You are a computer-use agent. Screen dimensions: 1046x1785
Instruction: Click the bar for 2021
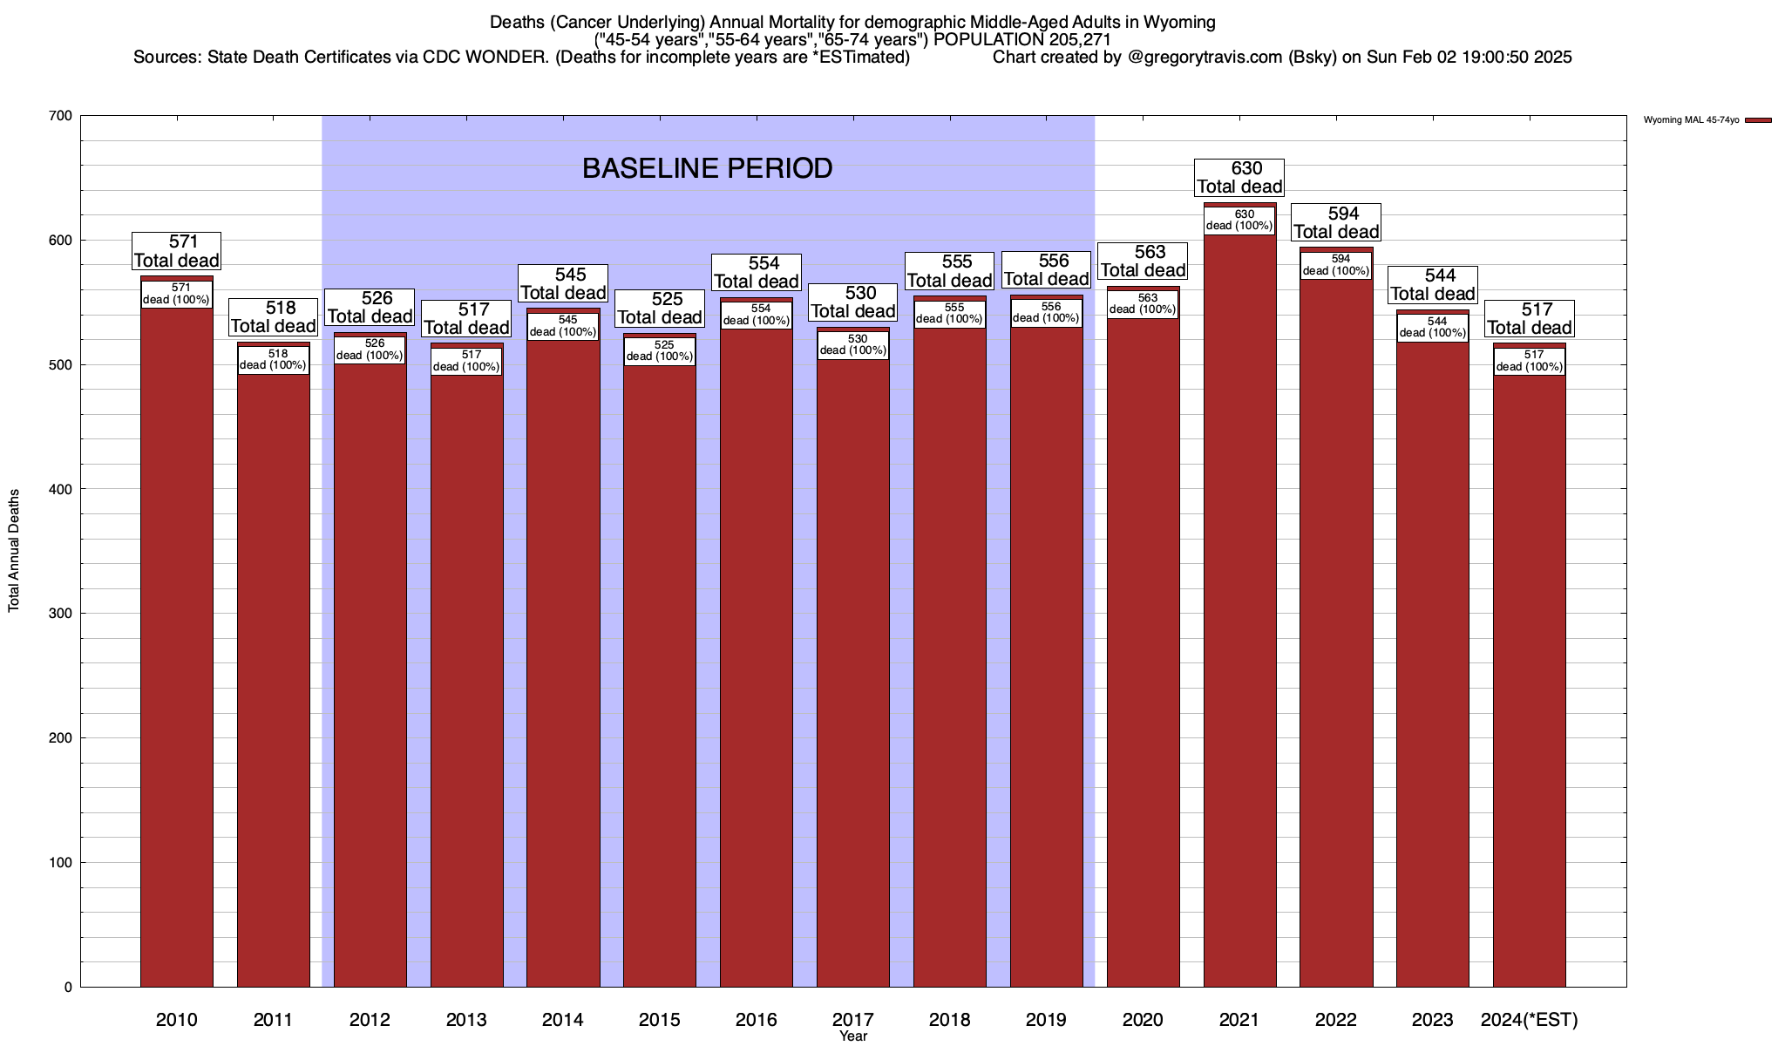pyautogui.click(x=1239, y=610)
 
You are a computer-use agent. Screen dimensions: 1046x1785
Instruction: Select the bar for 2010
pyautogui.click(x=176, y=645)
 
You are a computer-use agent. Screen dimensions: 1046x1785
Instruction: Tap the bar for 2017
pyautogui.click(x=853, y=671)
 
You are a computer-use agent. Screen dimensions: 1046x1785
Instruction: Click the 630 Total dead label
pyautogui.click(x=1239, y=178)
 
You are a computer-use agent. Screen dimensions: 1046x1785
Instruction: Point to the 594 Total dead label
pyautogui.click(x=1335, y=223)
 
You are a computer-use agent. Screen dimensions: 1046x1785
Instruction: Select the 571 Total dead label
pyautogui.click(x=176, y=251)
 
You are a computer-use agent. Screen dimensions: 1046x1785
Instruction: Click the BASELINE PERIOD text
pyautogui.click(x=707, y=168)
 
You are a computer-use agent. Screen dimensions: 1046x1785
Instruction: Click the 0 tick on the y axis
pyautogui.click(x=67, y=988)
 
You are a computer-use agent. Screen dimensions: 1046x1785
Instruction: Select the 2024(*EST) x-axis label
pyautogui.click(x=1530, y=1020)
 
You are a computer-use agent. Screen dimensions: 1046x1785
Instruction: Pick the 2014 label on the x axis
pyautogui.click(x=563, y=1020)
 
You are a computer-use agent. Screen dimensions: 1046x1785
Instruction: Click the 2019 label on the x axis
pyautogui.click(x=1046, y=1020)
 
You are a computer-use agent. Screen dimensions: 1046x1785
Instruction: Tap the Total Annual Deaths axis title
pyautogui.click(x=14, y=550)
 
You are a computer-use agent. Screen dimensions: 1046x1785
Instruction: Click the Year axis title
pyautogui.click(x=853, y=1036)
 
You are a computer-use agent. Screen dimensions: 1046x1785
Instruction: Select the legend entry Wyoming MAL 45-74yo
pyautogui.click(x=1692, y=120)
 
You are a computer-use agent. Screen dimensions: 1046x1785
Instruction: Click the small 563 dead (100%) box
pyautogui.click(x=1143, y=304)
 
